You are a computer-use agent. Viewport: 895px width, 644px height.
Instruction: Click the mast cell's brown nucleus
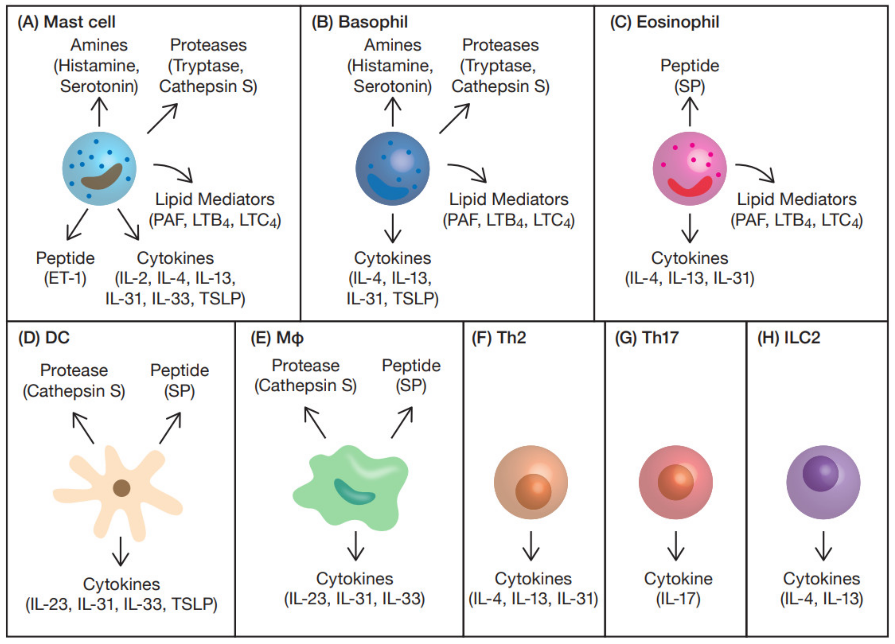[102, 177]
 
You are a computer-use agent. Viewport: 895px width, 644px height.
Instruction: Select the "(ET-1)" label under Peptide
[65, 279]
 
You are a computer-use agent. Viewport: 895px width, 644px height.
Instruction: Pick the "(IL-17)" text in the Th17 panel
[678, 599]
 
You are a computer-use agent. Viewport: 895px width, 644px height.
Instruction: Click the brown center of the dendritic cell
[122, 488]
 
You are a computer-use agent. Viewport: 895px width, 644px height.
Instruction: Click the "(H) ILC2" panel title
[789, 338]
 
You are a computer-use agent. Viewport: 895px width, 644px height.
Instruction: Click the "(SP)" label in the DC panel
[179, 391]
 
